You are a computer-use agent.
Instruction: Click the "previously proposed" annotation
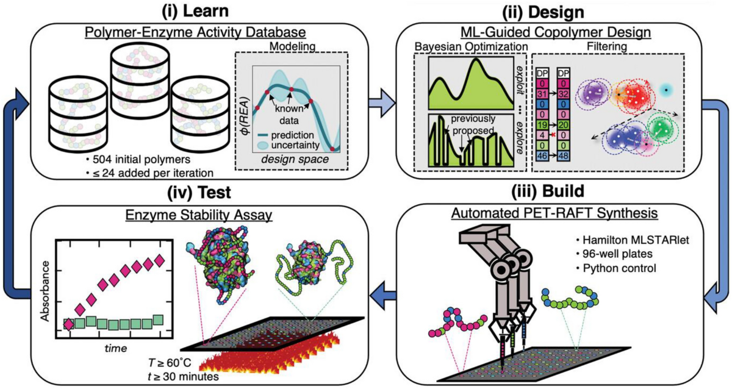click(x=474, y=124)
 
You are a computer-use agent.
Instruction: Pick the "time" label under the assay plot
click(x=115, y=349)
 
